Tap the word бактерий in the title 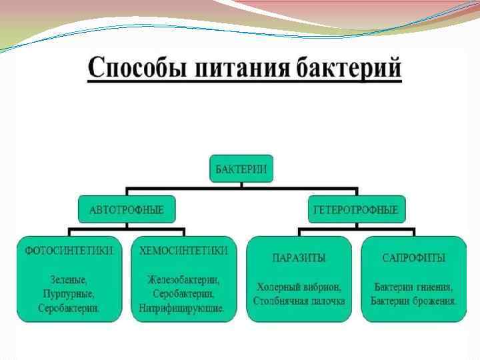[x=348, y=69]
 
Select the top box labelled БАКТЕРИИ [x=241, y=170]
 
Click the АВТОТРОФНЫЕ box [x=126, y=210]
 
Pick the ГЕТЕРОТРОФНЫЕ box [x=357, y=210]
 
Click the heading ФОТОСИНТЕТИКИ [x=70, y=251]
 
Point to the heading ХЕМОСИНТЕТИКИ [x=183, y=251]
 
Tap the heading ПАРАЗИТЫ [x=299, y=257]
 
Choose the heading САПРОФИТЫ [x=414, y=257]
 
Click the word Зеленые [x=69, y=279]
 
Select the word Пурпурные [x=69, y=293]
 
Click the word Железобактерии [x=183, y=279]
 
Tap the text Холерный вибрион [x=299, y=287]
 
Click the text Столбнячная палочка [x=299, y=301]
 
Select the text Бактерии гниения [x=413, y=287]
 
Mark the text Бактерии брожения [x=413, y=301]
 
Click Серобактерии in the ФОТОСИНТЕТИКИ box [x=69, y=309]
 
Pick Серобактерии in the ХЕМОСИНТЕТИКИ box [x=183, y=293]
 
